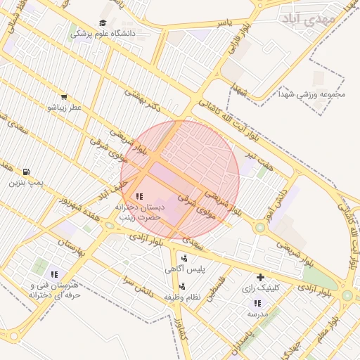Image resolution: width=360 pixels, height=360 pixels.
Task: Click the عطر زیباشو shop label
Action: pyautogui.click(x=64, y=108)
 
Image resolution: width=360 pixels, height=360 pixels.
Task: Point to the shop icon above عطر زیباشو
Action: pyautogui.click(x=64, y=97)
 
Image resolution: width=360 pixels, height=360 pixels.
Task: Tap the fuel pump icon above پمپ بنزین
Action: pyautogui.click(x=26, y=172)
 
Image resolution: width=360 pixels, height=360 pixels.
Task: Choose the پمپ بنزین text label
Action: pyautogui.click(x=26, y=182)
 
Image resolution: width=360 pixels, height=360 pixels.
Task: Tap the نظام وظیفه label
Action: pyautogui.click(x=183, y=297)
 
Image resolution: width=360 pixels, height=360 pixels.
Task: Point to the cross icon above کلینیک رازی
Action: pyautogui.click(x=261, y=277)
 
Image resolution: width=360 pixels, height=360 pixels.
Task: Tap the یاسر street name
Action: pyautogui.click(x=224, y=23)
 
